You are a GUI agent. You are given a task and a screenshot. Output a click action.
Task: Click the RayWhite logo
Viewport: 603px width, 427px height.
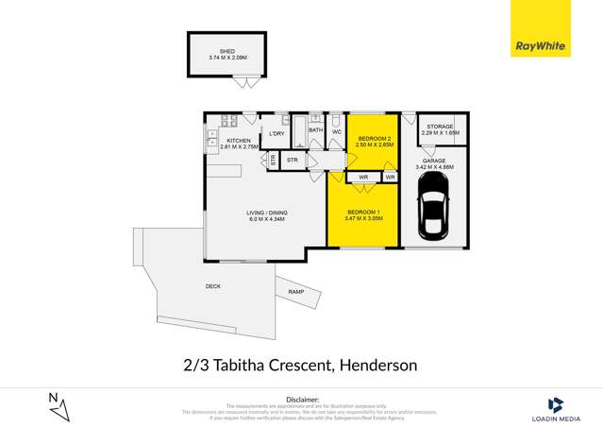(x=541, y=45)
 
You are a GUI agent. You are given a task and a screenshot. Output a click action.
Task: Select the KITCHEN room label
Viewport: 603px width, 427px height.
(x=238, y=141)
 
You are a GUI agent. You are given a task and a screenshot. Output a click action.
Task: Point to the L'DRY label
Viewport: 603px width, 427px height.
(x=276, y=133)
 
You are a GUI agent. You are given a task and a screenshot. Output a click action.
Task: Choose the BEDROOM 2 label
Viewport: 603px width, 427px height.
(x=374, y=138)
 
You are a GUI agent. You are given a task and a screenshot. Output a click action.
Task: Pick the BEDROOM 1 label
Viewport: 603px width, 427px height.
(x=363, y=212)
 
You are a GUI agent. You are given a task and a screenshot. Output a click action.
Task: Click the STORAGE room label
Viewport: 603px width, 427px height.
(x=440, y=127)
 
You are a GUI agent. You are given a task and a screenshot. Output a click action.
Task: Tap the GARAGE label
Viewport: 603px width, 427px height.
(x=434, y=161)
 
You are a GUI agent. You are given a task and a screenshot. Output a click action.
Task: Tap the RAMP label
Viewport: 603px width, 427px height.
(x=295, y=293)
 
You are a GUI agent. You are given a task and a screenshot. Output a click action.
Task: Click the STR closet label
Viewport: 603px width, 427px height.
(x=293, y=161)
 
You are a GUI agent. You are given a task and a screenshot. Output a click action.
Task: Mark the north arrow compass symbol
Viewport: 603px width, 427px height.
(x=59, y=406)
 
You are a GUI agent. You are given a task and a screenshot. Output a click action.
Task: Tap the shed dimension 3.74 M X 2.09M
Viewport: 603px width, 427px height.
(x=226, y=58)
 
